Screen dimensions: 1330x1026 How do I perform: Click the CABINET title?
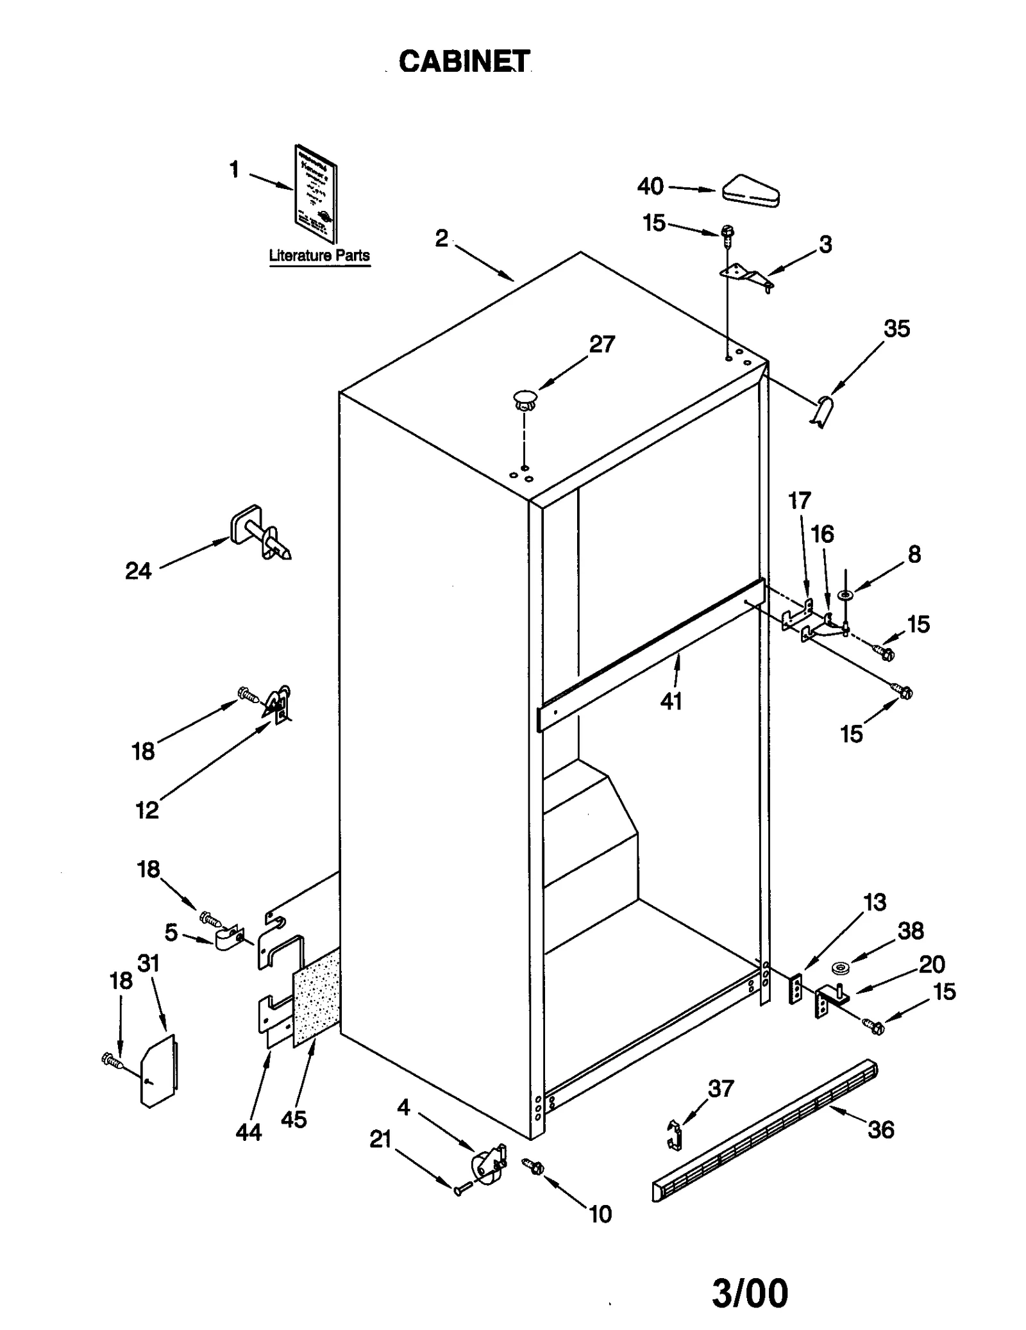click(464, 62)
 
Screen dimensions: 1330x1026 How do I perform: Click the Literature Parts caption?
click(319, 255)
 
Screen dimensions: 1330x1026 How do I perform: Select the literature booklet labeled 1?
click(315, 194)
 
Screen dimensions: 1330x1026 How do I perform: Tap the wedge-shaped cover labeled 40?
click(750, 191)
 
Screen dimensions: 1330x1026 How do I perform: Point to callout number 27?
click(602, 344)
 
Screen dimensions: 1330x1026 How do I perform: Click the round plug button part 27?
click(525, 399)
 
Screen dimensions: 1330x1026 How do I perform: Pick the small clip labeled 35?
click(823, 411)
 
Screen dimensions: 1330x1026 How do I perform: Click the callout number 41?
click(671, 701)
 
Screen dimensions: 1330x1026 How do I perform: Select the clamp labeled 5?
click(226, 940)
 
